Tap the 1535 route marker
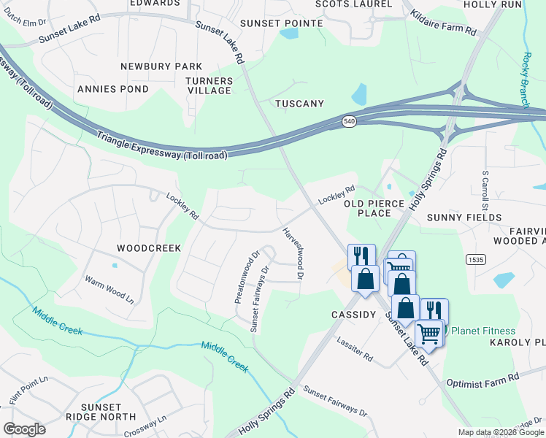pyautogui.click(x=475, y=259)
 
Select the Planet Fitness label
pyautogui.click(x=482, y=331)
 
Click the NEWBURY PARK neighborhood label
pyautogui.click(x=161, y=66)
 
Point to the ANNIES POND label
pyautogui.click(x=112, y=89)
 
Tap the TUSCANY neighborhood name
pyautogui.click(x=299, y=104)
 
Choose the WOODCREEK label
pyautogui.click(x=149, y=248)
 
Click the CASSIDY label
pyautogui.click(x=353, y=315)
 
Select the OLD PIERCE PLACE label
pyautogui.click(x=377, y=208)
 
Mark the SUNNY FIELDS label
pyautogui.click(x=464, y=218)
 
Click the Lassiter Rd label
pyautogui.click(x=355, y=349)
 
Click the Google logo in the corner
pyautogui.click(x=24, y=429)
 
